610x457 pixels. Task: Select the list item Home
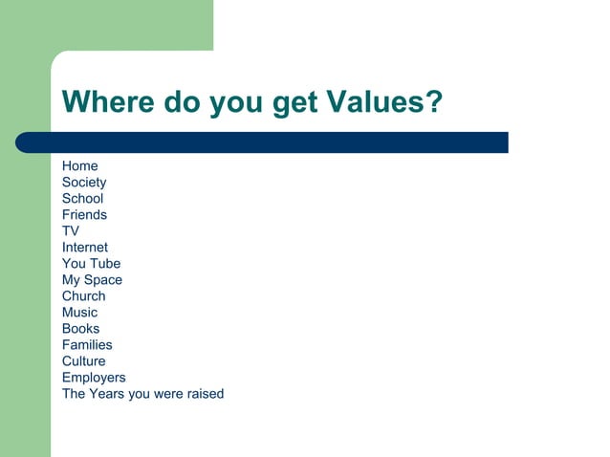[x=80, y=166]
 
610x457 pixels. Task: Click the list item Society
[x=84, y=183]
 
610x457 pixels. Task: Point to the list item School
[x=82, y=199]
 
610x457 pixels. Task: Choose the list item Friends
[x=84, y=215]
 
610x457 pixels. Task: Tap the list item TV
[x=71, y=231]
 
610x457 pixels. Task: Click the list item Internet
[x=85, y=248]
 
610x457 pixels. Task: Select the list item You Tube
[x=91, y=264]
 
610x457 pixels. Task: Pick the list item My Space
[x=92, y=280]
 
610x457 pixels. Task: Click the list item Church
[x=84, y=296]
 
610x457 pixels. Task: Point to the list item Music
[x=79, y=313]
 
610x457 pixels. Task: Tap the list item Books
[x=80, y=329]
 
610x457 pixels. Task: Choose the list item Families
[x=87, y=345]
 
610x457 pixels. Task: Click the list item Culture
[x=84, y=361]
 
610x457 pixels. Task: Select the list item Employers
[x=94, y=378]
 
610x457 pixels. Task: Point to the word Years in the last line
[x=109, y=394]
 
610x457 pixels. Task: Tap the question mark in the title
[x=433, y=102]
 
